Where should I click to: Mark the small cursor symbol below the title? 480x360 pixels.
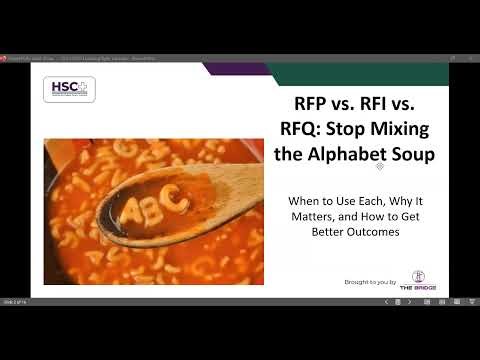380,166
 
